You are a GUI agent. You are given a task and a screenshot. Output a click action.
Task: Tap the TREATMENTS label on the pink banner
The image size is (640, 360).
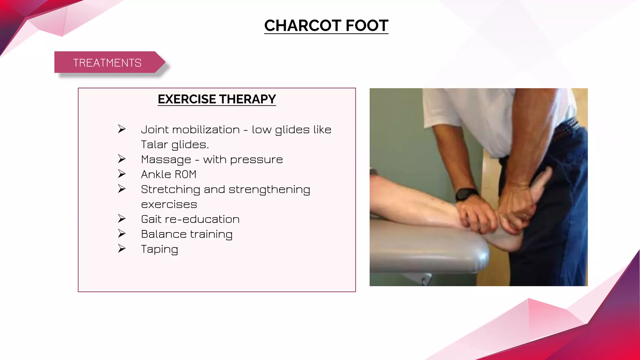[107, 63]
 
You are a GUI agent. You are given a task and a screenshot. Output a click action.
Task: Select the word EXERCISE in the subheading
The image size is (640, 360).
[187, 99]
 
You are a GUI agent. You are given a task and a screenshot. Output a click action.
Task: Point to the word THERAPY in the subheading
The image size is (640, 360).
[247, 99]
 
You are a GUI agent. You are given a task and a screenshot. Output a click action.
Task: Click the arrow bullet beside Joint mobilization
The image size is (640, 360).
[122, 129]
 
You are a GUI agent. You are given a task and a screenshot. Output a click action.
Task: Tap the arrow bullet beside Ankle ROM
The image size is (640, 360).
[122, 174]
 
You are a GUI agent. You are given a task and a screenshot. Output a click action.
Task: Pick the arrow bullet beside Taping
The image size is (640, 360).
[122, 248]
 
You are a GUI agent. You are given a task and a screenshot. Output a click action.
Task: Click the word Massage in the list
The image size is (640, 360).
[166, 160]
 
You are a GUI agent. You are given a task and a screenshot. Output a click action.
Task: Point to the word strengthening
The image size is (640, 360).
[269, 190]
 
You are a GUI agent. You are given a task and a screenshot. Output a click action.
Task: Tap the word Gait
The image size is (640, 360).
[151, 219]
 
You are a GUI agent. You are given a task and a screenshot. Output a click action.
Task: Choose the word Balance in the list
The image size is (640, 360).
[163, 234]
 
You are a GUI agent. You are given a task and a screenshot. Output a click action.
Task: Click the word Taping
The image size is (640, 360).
[159, 249]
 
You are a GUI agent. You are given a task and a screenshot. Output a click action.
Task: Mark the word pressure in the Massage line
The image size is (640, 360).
[256, 160]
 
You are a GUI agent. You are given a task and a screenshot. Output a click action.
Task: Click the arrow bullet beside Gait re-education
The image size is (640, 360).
[122, 218]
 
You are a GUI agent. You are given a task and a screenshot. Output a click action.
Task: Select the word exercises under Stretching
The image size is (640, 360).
[169, 205]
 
